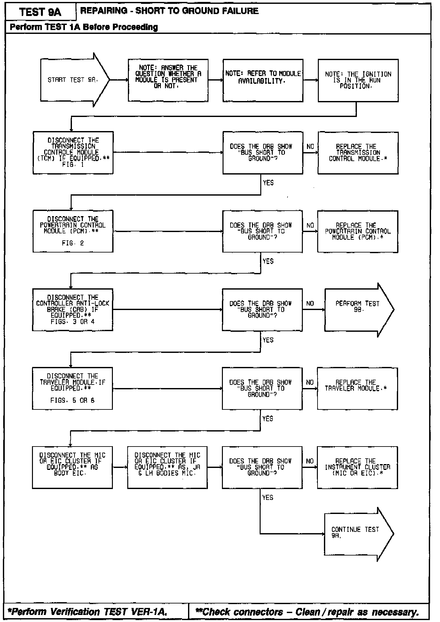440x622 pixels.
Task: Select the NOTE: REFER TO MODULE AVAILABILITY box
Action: point(263,80)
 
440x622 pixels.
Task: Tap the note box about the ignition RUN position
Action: point(358,80)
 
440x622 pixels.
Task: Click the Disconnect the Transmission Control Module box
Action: point(73,152)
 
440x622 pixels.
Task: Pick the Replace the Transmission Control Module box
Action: point(358,153)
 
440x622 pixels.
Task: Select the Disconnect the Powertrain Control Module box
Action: point(73,231)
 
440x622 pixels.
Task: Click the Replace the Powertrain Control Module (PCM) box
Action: point(357,231)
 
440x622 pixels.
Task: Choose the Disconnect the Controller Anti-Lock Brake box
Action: point(73,309)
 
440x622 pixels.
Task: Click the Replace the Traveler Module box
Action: point(357,388)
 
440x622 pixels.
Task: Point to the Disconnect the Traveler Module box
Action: point(72,388)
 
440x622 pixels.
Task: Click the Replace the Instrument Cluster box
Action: point(357,467)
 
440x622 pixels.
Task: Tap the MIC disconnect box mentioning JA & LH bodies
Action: point(167,467)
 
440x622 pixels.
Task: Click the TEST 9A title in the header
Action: point(40,12)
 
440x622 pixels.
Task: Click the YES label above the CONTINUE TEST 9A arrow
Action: point(268,497)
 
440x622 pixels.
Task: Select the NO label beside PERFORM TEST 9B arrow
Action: point(310,303)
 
